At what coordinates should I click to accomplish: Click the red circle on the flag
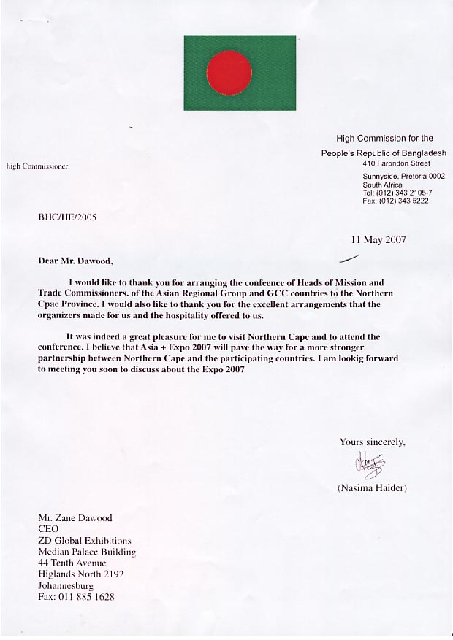[229, 73]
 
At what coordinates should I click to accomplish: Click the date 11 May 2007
[378, 239]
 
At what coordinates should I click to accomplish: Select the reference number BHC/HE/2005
[67, 217]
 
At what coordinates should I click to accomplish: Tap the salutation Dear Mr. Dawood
[76, 260]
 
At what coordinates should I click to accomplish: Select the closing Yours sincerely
[372, 442]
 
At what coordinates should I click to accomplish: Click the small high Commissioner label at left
[37, 166]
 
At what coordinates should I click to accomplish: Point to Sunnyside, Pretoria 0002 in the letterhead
[403, 177]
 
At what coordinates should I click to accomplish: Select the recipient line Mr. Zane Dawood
[77, 517]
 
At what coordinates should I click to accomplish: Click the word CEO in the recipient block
[49, 529]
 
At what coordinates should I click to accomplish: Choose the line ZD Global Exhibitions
[85, 541]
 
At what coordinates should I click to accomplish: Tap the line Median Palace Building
[87, 552]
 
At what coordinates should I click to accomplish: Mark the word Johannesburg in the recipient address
[66, 585]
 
